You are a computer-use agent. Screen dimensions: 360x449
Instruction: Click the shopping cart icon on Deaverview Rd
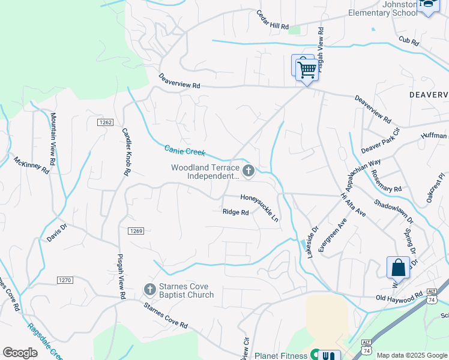tap(307, 70)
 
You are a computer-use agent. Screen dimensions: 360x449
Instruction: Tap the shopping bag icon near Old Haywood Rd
tap(398, 268)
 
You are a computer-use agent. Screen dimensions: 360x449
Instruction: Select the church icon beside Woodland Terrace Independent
tap(249, 172)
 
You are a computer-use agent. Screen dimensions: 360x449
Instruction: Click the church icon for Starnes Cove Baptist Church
tap(150, 290)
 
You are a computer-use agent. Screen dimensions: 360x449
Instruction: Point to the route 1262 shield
tap(105, 122)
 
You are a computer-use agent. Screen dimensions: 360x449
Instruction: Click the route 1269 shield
tap(136, 231)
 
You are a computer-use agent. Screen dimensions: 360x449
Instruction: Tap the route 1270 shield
tap(65, 280)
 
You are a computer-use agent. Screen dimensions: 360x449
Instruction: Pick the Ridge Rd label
tap(235, 212)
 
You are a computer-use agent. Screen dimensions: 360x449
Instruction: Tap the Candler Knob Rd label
tap(126, 152)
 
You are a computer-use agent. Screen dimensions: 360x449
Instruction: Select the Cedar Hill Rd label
tap(273, 20)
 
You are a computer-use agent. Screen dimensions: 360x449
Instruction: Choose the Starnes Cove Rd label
tap(164, 316)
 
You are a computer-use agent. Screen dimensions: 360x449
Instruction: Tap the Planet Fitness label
tap(280, 356)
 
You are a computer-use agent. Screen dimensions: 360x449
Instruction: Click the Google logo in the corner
tap(20, 353)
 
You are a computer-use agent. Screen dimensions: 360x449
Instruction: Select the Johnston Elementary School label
tap(383, 8)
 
